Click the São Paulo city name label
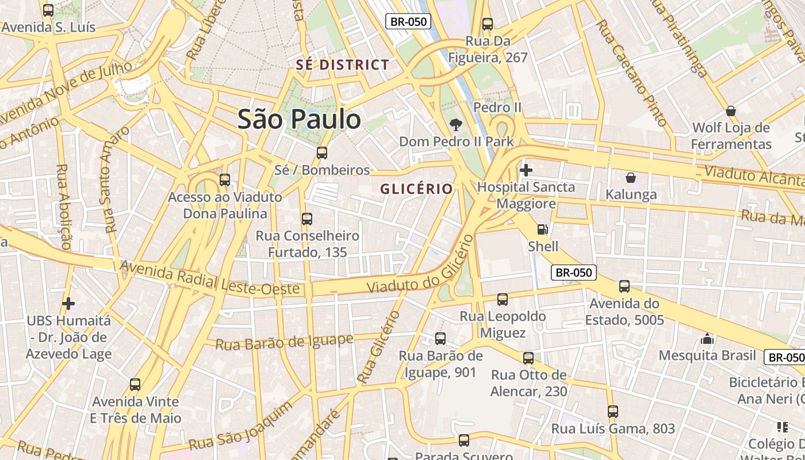[300, 119]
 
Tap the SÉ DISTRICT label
[343, 65]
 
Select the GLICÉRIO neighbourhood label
[416, 189]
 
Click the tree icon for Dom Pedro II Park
[456, 125]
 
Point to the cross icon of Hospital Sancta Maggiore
[526, 170]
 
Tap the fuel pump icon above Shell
[542, 229]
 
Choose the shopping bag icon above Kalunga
[631, 178]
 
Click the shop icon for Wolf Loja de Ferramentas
[731, 110]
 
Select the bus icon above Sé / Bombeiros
[322, 153]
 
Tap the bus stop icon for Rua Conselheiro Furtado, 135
[307, 219]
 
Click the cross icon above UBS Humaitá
[68, 303]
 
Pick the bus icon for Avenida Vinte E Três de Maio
[135, 385]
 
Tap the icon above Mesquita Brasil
[707, 339]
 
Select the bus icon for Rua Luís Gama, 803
[613, 412]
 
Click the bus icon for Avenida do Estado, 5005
[624, 286]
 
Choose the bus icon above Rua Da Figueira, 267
[488, 24]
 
